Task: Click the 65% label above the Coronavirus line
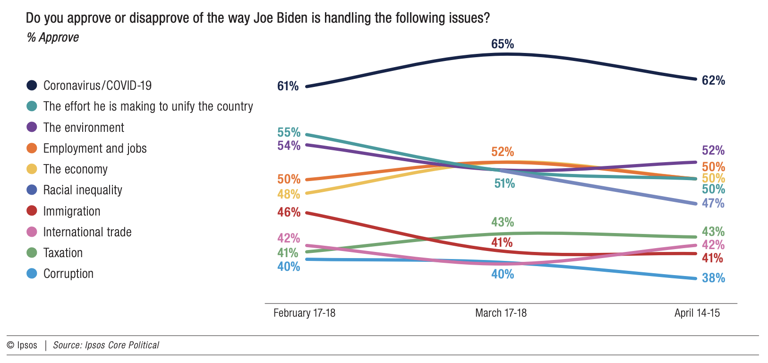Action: [x=502, y=44]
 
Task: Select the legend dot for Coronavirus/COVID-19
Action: [x=32, y=86]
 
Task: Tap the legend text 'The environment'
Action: [x=84, y=128]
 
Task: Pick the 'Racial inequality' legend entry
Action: [x=83, y=190]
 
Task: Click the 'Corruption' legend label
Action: [x=68, y=274]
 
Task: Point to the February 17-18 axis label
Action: [x=304, y=313]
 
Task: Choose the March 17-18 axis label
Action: [x=501, y=313]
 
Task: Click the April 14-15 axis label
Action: [x=697, y=313]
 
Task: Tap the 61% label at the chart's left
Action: [x=288, y=86]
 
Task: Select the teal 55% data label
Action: [x=289, y=132]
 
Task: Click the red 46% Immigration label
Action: [x=289, y=212]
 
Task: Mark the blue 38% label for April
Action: [x=713, y=278]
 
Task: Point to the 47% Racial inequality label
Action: [x=713, y=203]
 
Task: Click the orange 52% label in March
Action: [x=502, y=152]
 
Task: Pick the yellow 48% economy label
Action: [x=289, y=194]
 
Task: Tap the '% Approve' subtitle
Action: [x=53, y=37]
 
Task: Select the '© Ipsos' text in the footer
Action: [x=22, y=345]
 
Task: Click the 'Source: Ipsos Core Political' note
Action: [x=106, y=345]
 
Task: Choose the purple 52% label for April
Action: [x=713, y=150]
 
